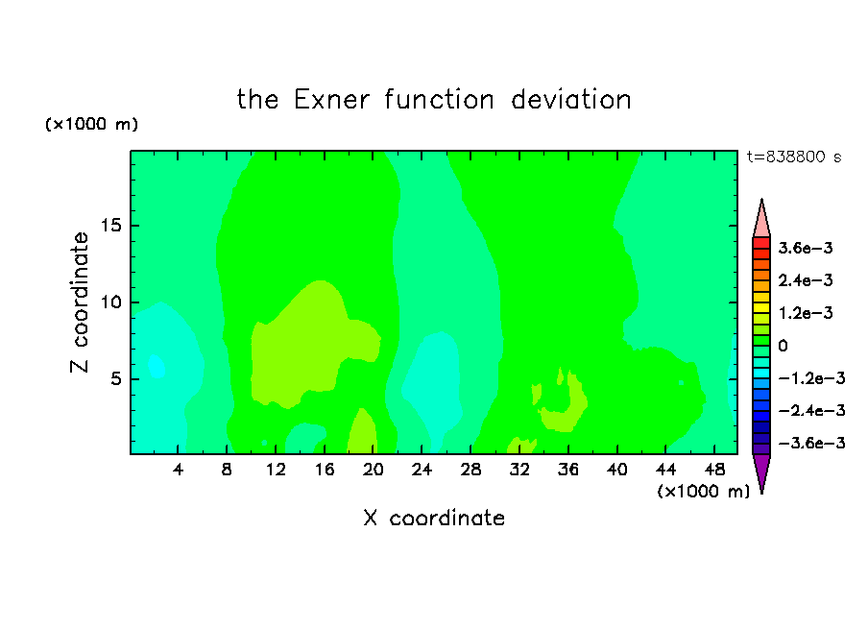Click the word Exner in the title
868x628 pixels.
coord(331,100)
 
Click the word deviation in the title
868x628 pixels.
coord(571,100)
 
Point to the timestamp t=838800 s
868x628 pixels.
coord(794,157)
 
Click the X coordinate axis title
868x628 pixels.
coord(434,518)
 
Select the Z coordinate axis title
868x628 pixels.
coord(80,302)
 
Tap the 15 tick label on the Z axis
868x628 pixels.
coord(111,226)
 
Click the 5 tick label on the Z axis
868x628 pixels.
coord(116,378)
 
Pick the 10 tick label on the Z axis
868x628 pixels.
coord(111,302)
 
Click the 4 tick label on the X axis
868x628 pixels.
coord(178,470)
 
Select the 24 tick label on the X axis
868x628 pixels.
coord(422,470)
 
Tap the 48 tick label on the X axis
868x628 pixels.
coord(714,470)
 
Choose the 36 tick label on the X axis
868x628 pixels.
coord(568,470)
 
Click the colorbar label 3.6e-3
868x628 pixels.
coord(806,248)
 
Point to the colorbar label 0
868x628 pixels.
coord(783,346)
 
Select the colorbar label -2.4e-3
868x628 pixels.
coord(811,411)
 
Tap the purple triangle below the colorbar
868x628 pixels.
coord(761,471)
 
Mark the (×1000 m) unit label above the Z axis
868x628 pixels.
coord(91,124)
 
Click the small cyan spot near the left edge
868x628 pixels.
coord(157,366)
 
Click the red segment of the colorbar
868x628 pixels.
coord(761,243)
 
